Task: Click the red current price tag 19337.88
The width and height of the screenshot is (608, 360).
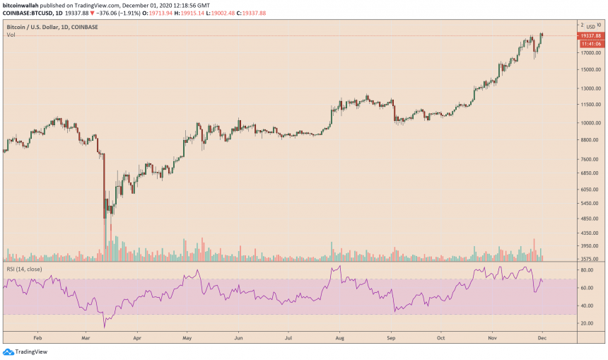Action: (x=590, y=35)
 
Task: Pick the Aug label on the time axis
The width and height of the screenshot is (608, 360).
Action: (x=341, y=337)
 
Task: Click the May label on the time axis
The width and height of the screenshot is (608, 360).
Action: (x=186, y=337)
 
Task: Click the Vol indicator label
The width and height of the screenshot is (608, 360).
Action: (x=11, y=35)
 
